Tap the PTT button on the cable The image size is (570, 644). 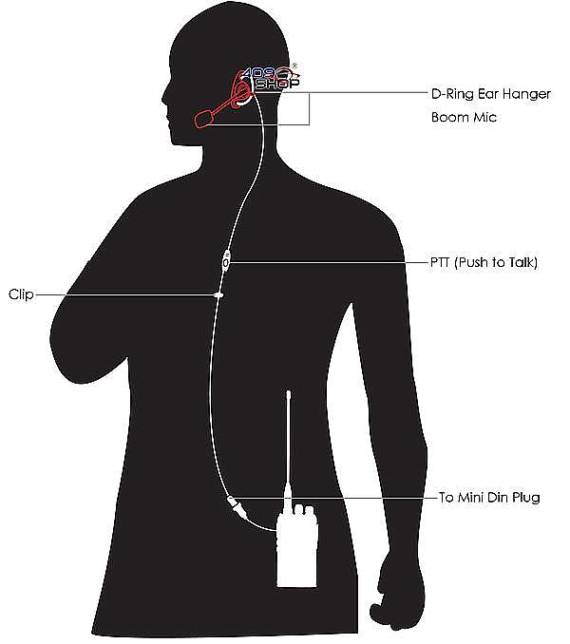(226, 260)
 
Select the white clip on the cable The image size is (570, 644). (218, 294)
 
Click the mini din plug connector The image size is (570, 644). (237, 505)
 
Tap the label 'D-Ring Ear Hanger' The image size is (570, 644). (491, 94)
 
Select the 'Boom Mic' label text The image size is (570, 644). (464, 117)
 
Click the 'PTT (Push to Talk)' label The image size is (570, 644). (484, 262)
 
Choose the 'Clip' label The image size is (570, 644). (21, 294)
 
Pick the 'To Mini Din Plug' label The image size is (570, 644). (489, 498)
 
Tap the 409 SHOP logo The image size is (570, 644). (270, 78)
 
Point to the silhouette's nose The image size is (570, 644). (164, 99)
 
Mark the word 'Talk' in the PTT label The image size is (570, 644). (522, 262)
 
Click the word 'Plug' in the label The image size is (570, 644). (524, 498)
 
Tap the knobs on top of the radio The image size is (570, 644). (304, 510)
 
